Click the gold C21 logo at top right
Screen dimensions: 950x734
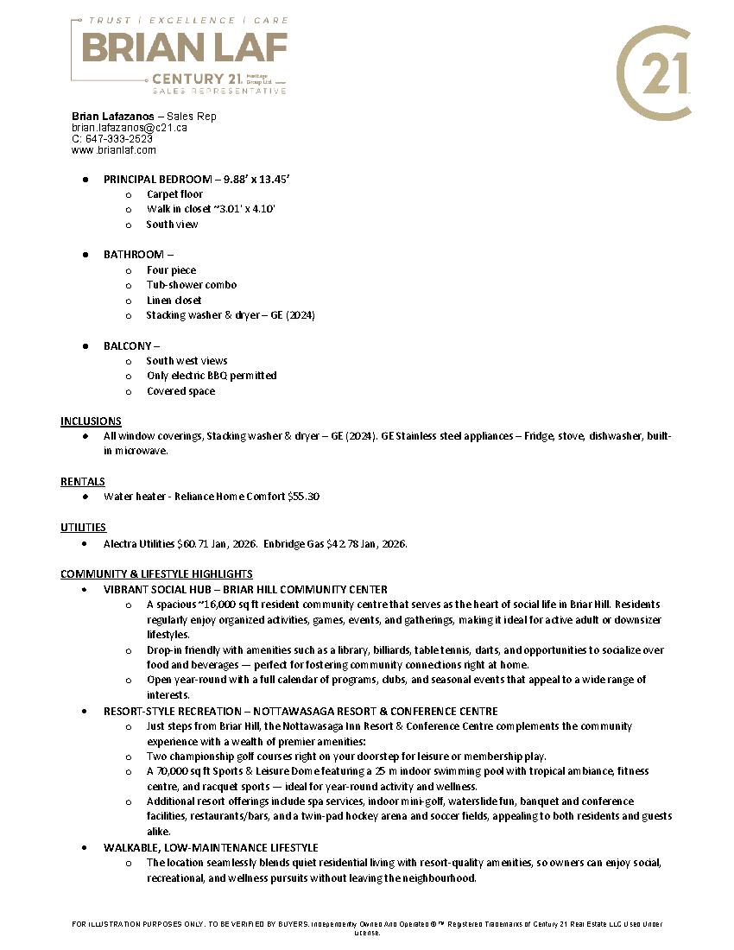(653, 73)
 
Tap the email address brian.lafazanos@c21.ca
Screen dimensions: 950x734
(129, 128)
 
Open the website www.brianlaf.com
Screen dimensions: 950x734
(113, 150)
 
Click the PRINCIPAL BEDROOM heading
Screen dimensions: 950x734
(160, 179)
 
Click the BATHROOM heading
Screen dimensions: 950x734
(134, 255)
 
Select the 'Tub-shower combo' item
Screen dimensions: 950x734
(191, 285)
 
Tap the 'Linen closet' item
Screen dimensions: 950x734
(174, 301)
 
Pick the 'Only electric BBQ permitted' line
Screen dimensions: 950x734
(212, 376)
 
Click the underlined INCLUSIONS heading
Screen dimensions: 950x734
(91, 421)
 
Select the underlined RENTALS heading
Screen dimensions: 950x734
(83, 481)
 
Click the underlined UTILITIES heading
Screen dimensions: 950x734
(84, 527)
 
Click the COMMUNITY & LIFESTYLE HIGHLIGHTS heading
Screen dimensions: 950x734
(156, 573)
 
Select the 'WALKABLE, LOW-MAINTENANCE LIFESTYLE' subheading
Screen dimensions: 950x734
(211, 847)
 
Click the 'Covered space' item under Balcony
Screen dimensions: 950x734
(180, 391)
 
